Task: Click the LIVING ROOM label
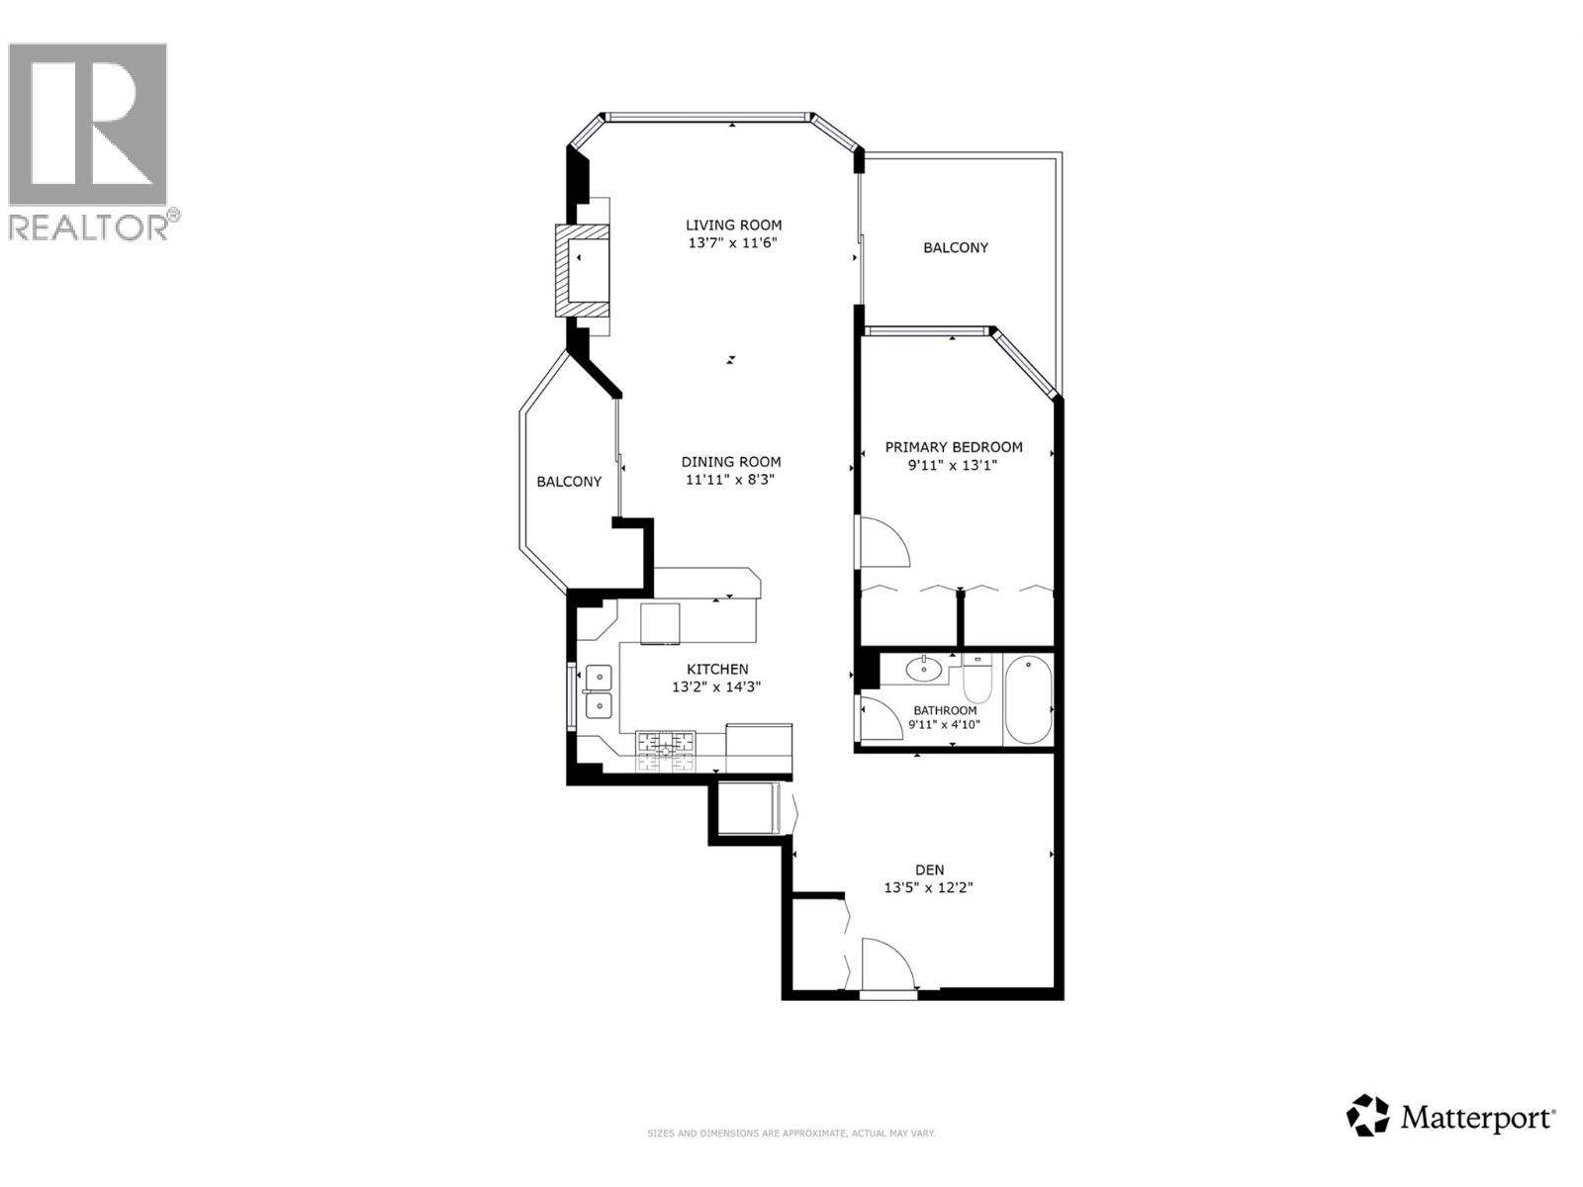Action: coord(733,225)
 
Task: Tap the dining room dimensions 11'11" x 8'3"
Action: coord(731,480)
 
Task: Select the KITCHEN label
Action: coord(717,670)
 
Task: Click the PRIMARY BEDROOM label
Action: coord(953,447)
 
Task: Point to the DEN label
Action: coord(929,870)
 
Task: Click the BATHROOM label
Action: coord(945,710)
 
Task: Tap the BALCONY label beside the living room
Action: coord(955,248)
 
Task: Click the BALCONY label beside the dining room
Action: coord(569,482)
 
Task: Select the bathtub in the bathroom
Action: coord(1029,700)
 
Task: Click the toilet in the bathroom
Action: coord(977,679)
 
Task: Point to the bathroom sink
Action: coord(925,669)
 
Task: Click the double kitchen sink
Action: coord(598,691)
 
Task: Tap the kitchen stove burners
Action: coord(666,751)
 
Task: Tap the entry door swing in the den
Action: coord(887,964)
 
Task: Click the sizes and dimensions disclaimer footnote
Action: coord(791,1134)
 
